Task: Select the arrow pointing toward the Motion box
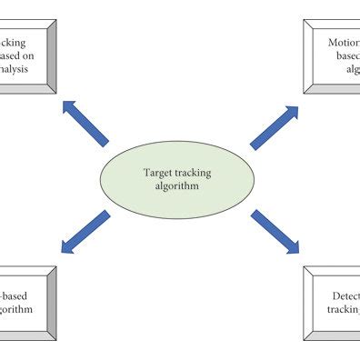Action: tap(274, 126)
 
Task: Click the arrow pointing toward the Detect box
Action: tap(274, 231)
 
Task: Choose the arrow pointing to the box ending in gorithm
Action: tap(86, 232)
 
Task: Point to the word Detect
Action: tap(343, 296)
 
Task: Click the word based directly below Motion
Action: tap(347, 55)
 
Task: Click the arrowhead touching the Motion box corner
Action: tap(290, 113)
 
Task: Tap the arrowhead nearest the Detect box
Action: tap(290, 246)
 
